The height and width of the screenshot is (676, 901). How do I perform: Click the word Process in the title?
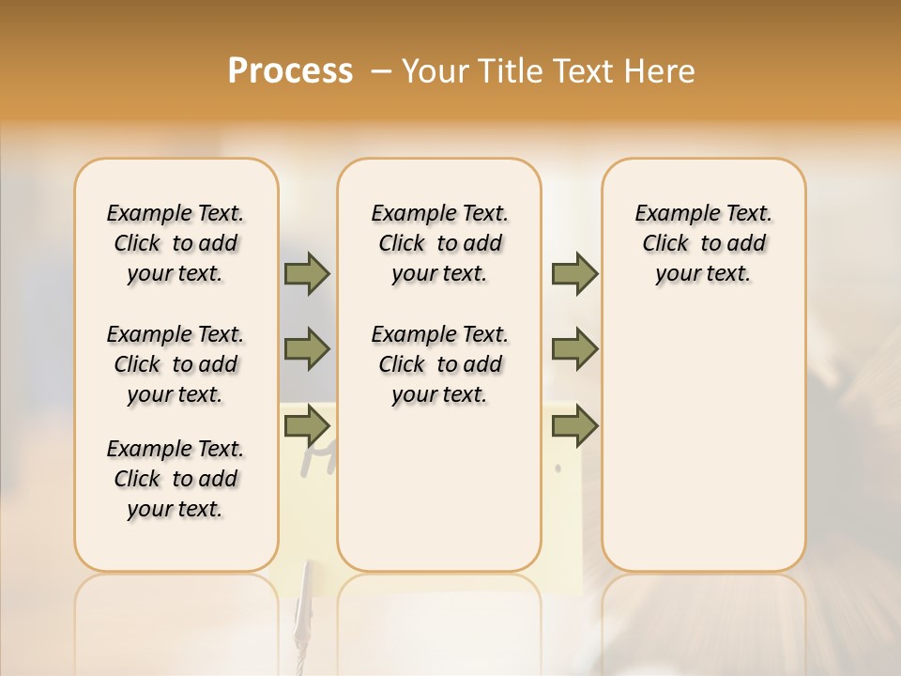(x=290, y=70)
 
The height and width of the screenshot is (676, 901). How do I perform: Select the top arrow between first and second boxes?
(x=307, y=273)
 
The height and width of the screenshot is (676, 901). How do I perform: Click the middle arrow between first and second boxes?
(x=307, y=349)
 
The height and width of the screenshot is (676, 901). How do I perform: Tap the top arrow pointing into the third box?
(x=574, y=273)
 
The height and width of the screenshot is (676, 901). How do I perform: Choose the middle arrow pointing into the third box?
(x=574, y=349)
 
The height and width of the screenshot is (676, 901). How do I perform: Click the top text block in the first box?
(x=176, y=243)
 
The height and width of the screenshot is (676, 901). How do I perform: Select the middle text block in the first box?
(x=176, y=364)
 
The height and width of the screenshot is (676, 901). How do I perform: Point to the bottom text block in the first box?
(x=176, y=479)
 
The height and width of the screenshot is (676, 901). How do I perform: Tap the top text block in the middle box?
(x=439, y=243)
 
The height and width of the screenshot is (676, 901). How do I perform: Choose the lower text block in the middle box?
(x=439, y=364)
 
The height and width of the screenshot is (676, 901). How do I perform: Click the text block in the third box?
(x=703, y=243)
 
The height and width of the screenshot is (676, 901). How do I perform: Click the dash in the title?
(x=381, y=70)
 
